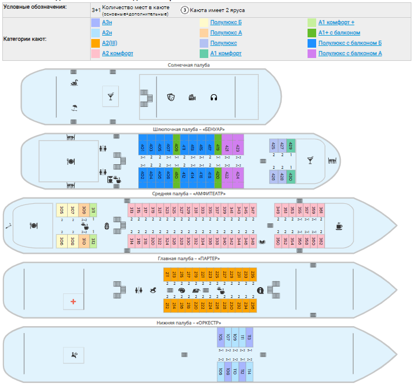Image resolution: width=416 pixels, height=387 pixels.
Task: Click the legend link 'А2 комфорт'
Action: point(118,53)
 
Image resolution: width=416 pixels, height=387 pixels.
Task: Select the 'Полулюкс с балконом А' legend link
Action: point(350,53)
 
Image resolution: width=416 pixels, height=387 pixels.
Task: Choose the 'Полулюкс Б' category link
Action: point(226,22)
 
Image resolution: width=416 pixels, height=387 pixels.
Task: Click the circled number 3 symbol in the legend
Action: point(185,10)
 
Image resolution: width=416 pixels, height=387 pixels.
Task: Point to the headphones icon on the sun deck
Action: point(213,98)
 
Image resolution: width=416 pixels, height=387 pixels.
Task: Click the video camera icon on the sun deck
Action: point(192,98)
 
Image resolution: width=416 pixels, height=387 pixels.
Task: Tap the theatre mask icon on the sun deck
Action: point(170,98)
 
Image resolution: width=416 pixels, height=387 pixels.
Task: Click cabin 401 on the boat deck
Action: point(142,148)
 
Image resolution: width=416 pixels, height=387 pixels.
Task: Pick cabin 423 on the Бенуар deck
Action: point(238,148)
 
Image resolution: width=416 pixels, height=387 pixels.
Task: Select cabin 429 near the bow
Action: point(290,146)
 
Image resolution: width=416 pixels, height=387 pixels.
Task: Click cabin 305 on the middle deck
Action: point(62,211)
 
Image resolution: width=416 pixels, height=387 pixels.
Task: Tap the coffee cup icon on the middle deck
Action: point(339,226)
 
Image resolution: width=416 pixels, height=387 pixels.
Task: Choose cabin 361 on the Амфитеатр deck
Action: point(321,211)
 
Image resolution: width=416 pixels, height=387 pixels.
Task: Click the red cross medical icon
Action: point(73,301)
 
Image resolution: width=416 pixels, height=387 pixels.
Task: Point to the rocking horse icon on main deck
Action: point(154,291)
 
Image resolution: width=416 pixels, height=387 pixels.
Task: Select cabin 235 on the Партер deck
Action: point(253,274)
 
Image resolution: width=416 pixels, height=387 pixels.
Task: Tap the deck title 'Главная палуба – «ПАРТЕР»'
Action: point(189,258)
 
